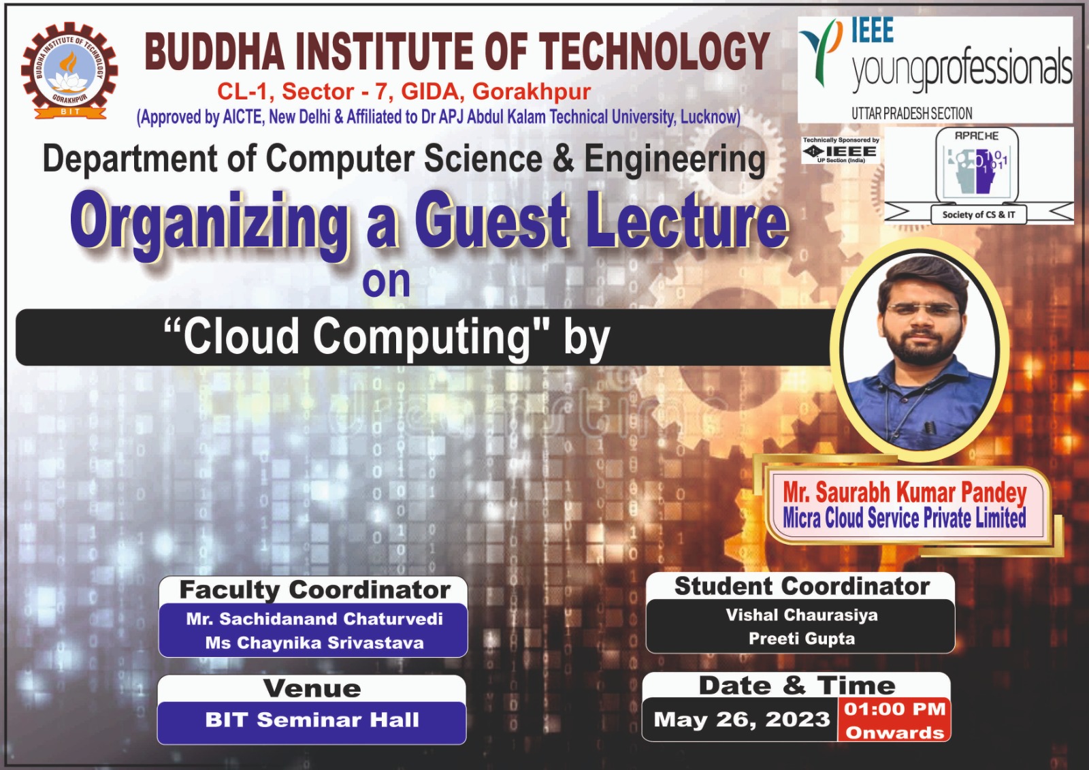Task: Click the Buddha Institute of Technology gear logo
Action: coord(69,71)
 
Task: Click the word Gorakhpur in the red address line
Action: coord(532,91)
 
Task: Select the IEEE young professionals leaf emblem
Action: coord(821,52)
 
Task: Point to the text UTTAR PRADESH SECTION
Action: coord(911,114)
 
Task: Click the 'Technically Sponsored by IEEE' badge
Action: coord(841,150)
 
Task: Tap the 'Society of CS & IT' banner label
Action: coord(979,214)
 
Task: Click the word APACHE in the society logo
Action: coord(977,135)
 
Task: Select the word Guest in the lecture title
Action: coord(491,221)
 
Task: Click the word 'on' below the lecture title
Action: coord(386,281)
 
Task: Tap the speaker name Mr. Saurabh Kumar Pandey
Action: coord(905,492)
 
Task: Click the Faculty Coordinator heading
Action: coord(314,590)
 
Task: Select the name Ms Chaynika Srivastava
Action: coord(314,643)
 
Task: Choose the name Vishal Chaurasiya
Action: coord(801,615)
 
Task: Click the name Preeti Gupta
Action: coord(801,638)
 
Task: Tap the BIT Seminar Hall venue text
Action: coord(312,720)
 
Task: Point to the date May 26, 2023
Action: coord(741,720)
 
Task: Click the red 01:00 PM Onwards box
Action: coord(894,720)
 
